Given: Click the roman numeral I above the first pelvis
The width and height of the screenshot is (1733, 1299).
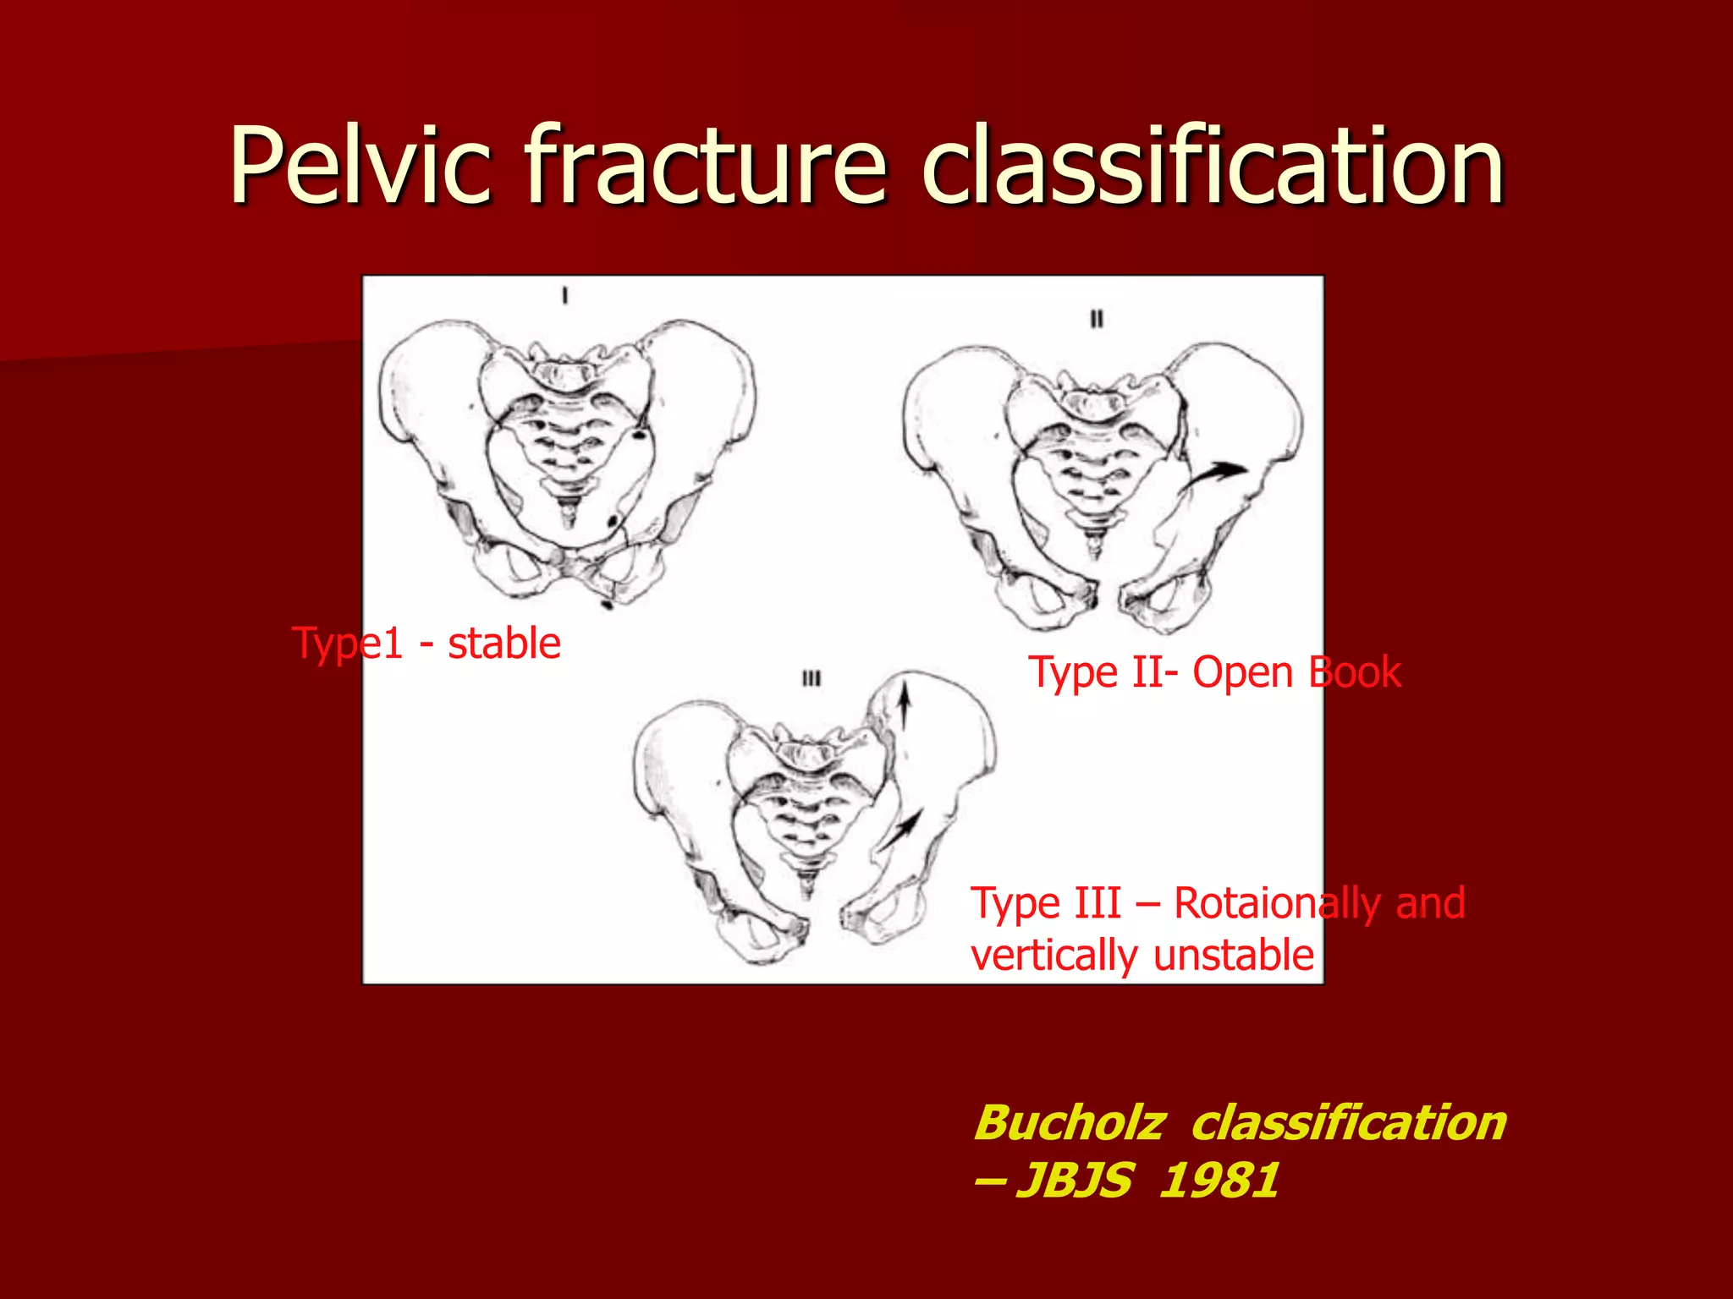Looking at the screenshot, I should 565,296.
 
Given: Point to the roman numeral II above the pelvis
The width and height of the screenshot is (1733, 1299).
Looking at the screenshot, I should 1097,319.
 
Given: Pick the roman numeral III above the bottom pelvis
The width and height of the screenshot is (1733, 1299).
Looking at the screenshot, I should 811,678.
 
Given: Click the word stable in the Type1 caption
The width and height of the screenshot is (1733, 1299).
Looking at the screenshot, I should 503,644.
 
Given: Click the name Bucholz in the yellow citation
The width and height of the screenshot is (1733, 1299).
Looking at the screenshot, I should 1070,1123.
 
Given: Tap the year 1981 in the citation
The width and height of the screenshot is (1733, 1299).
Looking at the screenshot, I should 1219,1181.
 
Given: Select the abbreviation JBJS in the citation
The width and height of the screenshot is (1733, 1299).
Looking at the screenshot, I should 1075,1181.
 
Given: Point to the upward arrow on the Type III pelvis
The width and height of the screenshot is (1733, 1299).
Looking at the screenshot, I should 904,706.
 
